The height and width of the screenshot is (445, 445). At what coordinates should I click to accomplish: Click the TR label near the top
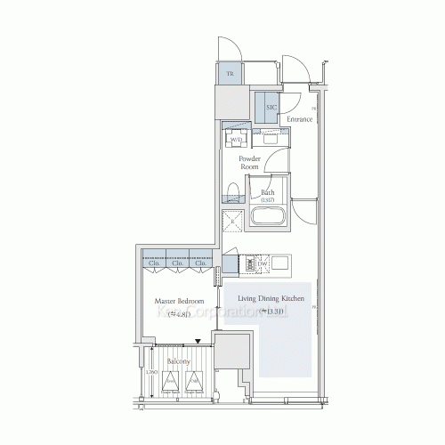[x=230, y=74]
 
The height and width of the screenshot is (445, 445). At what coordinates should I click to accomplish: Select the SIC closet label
[x=271, y=107]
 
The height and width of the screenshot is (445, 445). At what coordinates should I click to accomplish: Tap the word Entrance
[x=299, y=118]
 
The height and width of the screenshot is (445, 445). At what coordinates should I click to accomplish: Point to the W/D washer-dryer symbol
[x=237, y=139]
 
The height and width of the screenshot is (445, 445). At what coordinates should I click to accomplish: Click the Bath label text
[x=268, y=193]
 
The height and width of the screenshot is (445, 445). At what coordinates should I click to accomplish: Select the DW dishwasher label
[x=263, y=264]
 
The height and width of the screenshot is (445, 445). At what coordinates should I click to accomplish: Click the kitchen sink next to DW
[x=279, y=264]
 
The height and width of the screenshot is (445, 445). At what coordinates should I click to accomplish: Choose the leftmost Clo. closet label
[x=154, y=263]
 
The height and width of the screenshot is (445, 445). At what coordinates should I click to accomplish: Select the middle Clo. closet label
[x=177, y=263]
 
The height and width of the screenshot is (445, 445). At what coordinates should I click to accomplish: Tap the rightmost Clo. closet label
[x=200, y=263]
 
